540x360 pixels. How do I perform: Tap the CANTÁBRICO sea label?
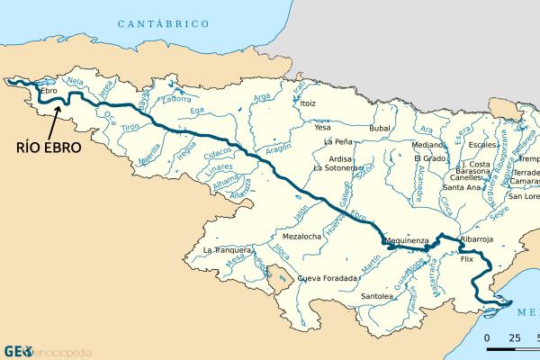pyautogui.click(x=170, y=22)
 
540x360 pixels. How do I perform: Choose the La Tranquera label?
pyautogui.click(x=226, y=249)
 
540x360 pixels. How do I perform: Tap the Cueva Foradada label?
pyautogui.click(x=328, y=278)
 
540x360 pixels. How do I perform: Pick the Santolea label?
pyautogui.click(x=377, y=295)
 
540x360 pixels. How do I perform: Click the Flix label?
pyautogui.click(x=466, y=258)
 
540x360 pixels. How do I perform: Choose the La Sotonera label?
pyautogui.click(x=337, y=167)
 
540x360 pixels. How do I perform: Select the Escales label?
pyautogui.click(x=482, y=144)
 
